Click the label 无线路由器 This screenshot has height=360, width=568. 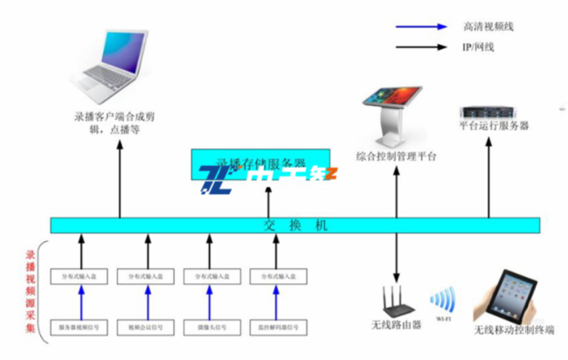[x=398, y=328]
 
